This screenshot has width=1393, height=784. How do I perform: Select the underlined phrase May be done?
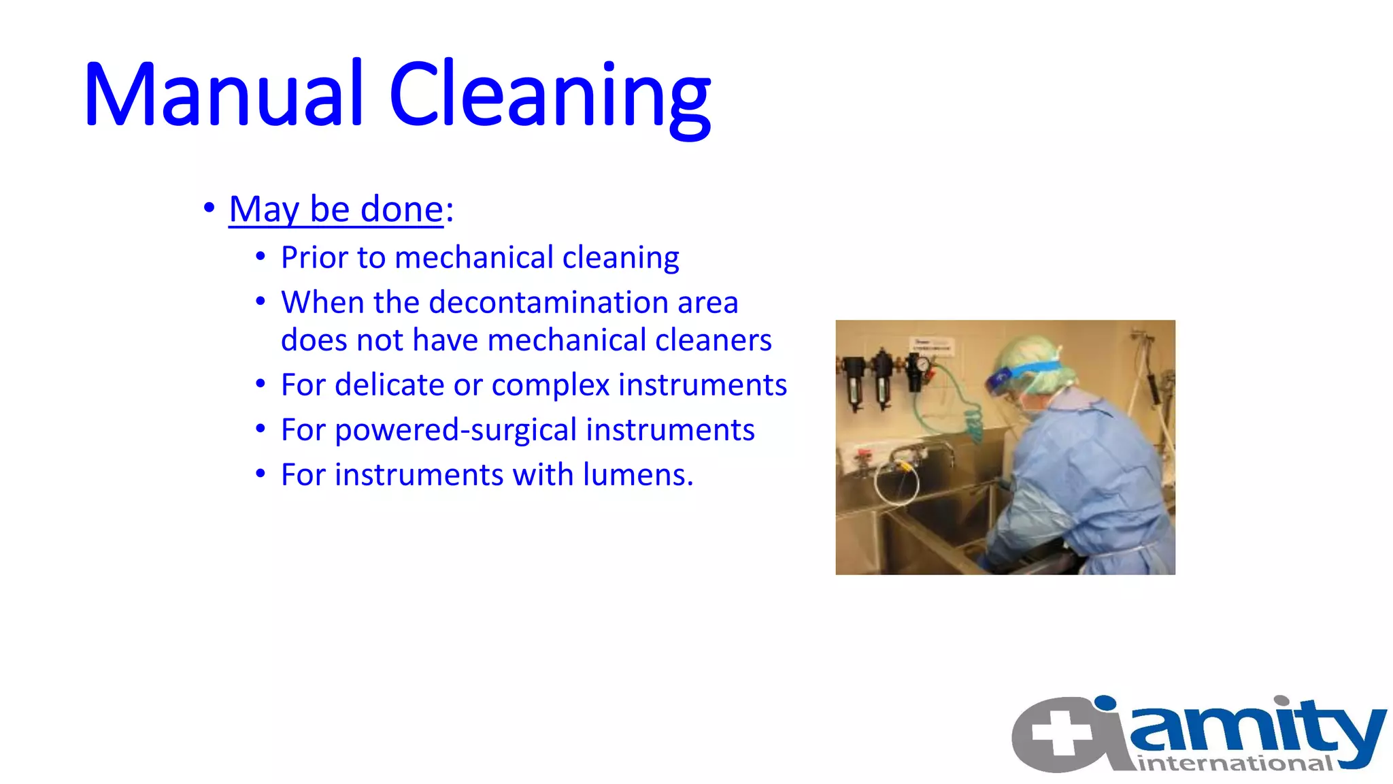(x=336, y=209)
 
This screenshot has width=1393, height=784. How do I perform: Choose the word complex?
(x=550, y=385)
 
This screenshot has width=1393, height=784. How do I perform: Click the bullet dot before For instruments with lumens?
(x=261, y=474)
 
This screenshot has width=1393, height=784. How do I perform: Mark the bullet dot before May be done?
(x=209, y=208)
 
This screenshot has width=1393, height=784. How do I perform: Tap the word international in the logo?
(x=1235, y=764)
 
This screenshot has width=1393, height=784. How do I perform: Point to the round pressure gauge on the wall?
(x=922, y=365)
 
